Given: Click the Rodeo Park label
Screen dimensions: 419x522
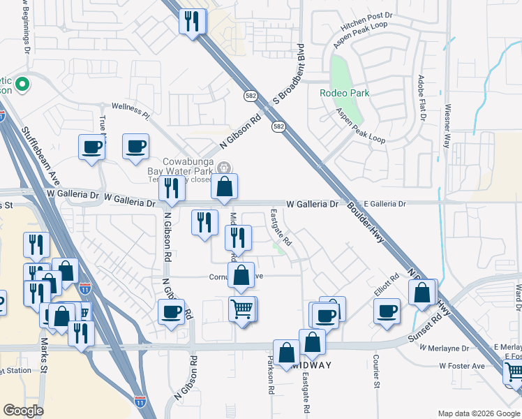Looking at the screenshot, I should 344,93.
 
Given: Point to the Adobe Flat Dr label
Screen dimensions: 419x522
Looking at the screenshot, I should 421,98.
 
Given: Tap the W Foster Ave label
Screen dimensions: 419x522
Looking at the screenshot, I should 462,365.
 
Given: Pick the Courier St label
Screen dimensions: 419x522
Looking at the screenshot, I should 375,370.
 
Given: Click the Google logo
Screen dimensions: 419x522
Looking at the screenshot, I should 24,411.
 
